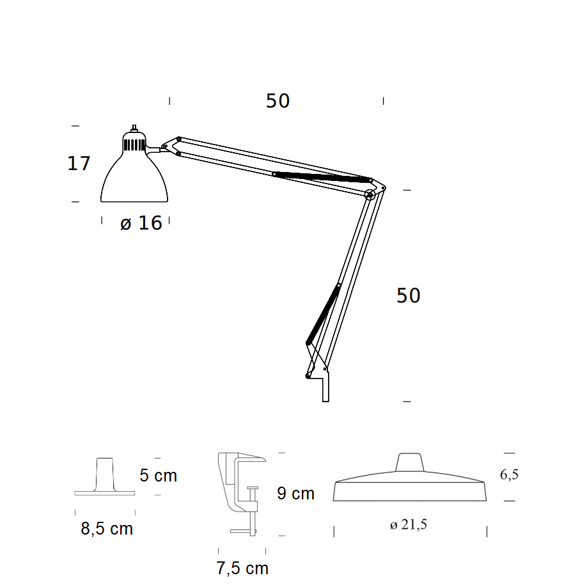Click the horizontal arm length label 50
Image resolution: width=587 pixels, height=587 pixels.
point(278,100)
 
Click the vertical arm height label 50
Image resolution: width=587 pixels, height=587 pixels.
point(409,295)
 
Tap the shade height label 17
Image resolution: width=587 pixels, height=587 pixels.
point(79,163)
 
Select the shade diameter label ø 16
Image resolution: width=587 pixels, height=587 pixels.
point(141,223)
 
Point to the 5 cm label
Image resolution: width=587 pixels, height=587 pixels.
point(159,476)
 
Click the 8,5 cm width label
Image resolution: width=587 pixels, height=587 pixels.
point(107,529)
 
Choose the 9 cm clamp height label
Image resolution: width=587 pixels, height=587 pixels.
point(296,493)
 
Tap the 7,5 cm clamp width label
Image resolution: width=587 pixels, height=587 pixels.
point(242,568)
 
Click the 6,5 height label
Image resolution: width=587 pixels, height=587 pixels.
point(509,474)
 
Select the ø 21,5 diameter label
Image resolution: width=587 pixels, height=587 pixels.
point(409,524)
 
